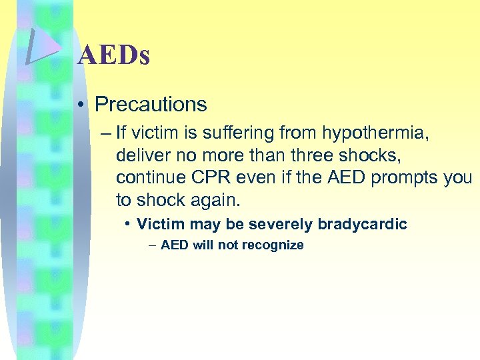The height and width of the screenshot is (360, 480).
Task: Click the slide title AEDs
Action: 113,55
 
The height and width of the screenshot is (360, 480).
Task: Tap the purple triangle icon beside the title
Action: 41,47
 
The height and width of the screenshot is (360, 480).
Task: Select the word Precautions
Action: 151,105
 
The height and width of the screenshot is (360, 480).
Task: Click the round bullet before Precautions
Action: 79,105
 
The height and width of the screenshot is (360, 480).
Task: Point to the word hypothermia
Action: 377,133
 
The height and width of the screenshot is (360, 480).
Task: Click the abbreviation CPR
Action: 206,178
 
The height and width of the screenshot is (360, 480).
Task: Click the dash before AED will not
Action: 154,245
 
